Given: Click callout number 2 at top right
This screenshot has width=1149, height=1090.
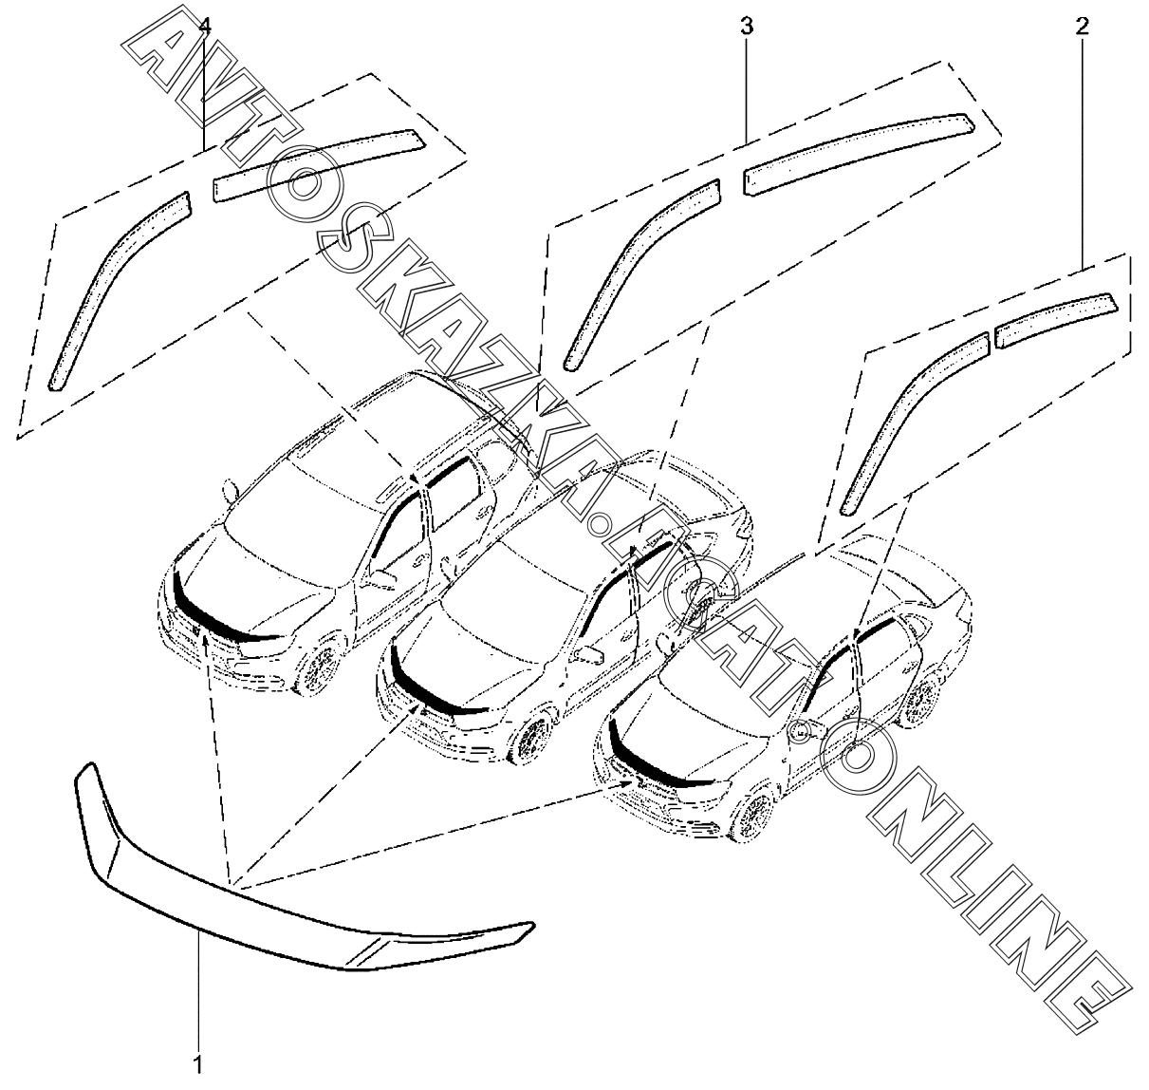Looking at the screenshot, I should tap(1082, 27).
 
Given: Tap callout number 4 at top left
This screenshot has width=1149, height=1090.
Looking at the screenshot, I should tap(206, 27).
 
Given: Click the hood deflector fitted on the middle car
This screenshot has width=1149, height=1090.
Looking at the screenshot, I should tap(436, 698).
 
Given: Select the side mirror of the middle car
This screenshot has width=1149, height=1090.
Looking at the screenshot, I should tap(590, 655).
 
